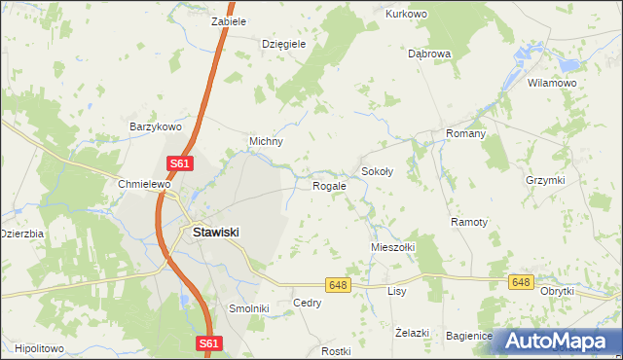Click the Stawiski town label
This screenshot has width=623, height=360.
[216, 233]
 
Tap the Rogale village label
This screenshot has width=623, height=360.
[329, 185]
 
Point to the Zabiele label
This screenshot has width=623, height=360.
[229, 20]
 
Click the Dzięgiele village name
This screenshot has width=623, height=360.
[284, 44]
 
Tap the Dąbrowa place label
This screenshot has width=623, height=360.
[428, 54]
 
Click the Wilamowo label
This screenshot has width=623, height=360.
[552, 84]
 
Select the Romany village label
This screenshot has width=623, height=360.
[465, 133]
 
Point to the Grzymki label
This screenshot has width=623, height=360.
[545, 180]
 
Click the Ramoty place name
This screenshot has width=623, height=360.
[469, 222]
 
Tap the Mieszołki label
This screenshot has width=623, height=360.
[392, 247]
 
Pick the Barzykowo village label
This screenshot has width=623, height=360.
[157, 126]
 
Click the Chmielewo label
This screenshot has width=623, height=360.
[144, 184]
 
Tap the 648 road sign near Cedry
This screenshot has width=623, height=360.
[338, 284]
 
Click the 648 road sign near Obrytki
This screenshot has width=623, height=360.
[521, 282]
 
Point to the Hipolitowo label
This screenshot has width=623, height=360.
[40, 347]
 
